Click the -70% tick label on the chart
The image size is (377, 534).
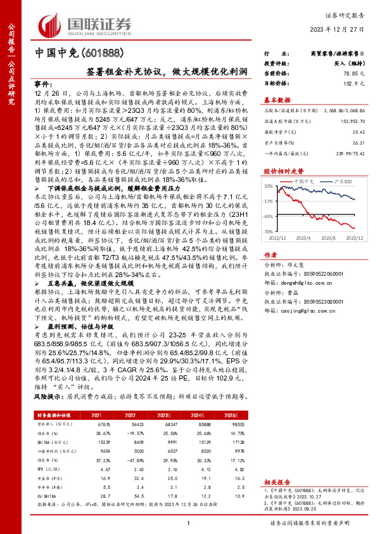[x=269, y=232]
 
